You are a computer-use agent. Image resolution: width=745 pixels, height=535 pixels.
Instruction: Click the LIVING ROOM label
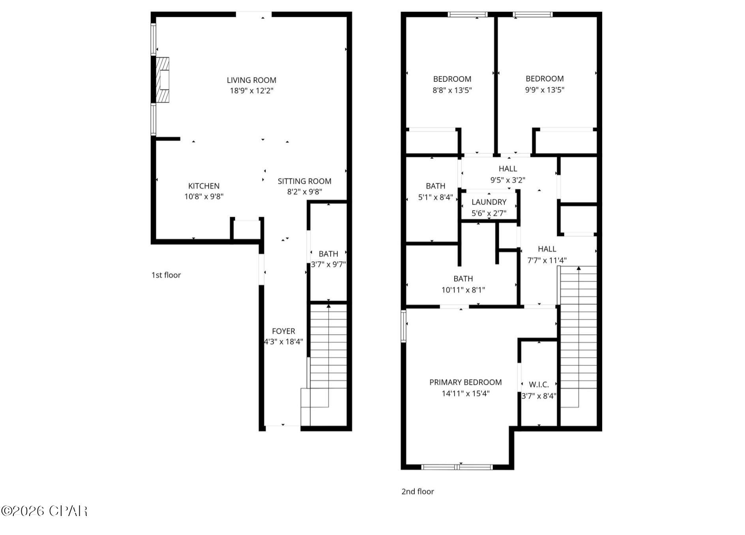(x=251, y=80)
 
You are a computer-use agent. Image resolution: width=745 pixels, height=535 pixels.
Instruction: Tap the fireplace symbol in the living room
(x=162, y=80)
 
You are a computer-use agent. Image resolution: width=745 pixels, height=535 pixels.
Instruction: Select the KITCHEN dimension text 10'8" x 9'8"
(x=204, y=196)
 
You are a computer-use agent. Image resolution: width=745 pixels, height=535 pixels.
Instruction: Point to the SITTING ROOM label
(x=304, y=181)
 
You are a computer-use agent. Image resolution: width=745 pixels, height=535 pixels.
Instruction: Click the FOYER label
(x=283, y=331)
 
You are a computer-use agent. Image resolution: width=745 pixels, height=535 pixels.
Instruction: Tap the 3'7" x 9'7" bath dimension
(x=328, y=264)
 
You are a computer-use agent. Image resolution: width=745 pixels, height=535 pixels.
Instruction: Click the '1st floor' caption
(x=166, y=275)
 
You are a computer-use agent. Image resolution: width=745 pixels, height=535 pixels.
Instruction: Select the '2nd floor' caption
(x=417, y=492)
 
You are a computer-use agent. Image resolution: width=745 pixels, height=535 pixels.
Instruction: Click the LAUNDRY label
(x=489, y=202)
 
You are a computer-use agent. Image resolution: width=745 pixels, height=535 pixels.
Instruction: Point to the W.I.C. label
(x=539, y=384)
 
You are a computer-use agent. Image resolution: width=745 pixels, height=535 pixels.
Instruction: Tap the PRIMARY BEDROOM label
(x=466, y=382)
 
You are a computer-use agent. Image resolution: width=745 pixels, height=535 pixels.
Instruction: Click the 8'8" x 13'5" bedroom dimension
(x=452, y=90)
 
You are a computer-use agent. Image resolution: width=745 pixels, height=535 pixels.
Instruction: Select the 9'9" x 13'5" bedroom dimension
(x=545, y=90)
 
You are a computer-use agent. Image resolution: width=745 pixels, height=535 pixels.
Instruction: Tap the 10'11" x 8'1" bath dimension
(x=463, y=290)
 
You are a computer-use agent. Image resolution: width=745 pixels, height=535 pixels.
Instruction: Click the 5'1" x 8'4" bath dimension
(x=436, y=197)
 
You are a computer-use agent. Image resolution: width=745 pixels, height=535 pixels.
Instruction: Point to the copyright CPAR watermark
(x=44, y=511)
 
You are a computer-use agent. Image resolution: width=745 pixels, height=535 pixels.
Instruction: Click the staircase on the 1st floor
(x=328, y=348)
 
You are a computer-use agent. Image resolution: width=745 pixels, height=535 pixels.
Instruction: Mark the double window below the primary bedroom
(x=457, y=467)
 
